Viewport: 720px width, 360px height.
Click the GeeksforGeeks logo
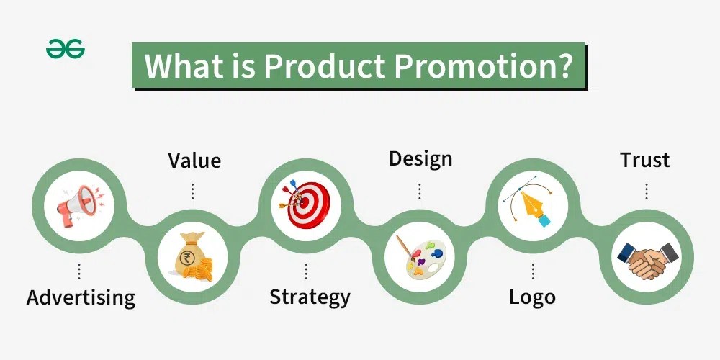point(66,50)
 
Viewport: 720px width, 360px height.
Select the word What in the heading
point(180,66)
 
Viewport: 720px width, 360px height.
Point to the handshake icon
point(647,258)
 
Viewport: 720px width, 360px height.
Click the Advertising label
point(81,297)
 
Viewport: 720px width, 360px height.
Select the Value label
point(194,160)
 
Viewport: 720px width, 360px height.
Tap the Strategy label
point(310,297)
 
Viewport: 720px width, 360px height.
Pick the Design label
point(420,158)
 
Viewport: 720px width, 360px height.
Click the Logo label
point(532,297)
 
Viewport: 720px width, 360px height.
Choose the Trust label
point(645,160)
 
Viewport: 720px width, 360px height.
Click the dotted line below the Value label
point(193,190)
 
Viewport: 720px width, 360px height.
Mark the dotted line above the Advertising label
point(79,271)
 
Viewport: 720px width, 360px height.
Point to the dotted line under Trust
point(646,190)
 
